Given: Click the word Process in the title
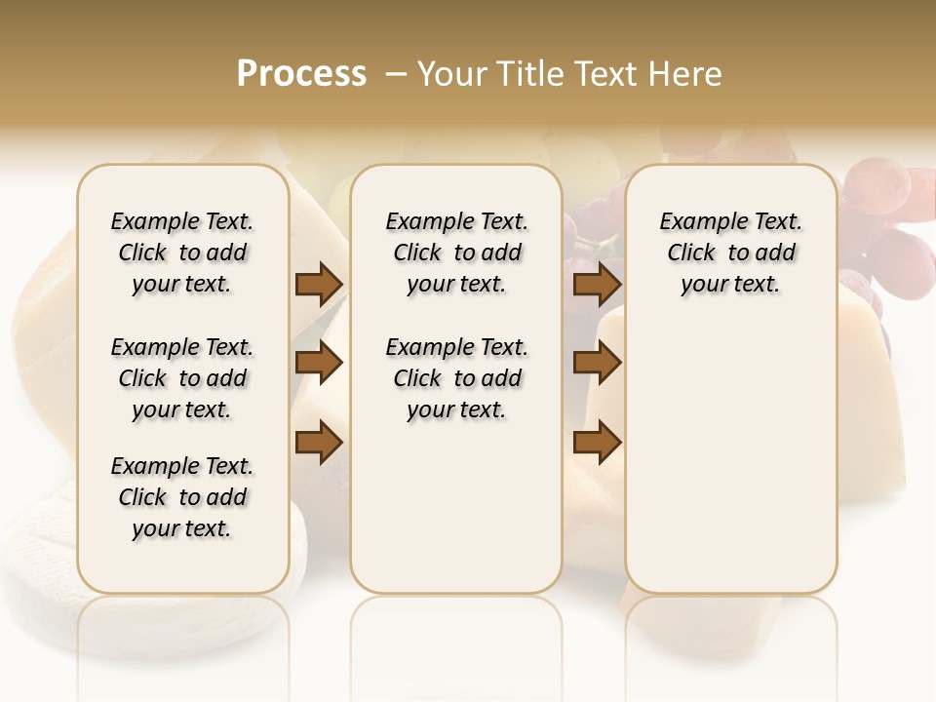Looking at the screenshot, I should (301, 74).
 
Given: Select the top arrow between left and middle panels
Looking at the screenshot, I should (319, 285).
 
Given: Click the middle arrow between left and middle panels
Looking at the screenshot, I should (319, 364).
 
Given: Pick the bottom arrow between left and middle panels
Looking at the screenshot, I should (319, 443).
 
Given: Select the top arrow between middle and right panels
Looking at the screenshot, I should (597, 285).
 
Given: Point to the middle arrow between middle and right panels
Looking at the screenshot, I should (597, 364).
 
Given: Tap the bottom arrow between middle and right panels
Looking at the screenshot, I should (597, 443).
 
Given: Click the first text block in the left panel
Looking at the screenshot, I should (182, 253).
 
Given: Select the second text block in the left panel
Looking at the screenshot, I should (182, 378).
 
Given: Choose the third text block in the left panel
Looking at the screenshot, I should (182, 497).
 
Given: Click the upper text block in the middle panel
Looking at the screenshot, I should (456, 253).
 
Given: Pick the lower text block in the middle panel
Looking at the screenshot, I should (456, 378).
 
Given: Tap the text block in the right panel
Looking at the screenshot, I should (730, 253).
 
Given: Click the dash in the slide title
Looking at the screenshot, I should (396, 74).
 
